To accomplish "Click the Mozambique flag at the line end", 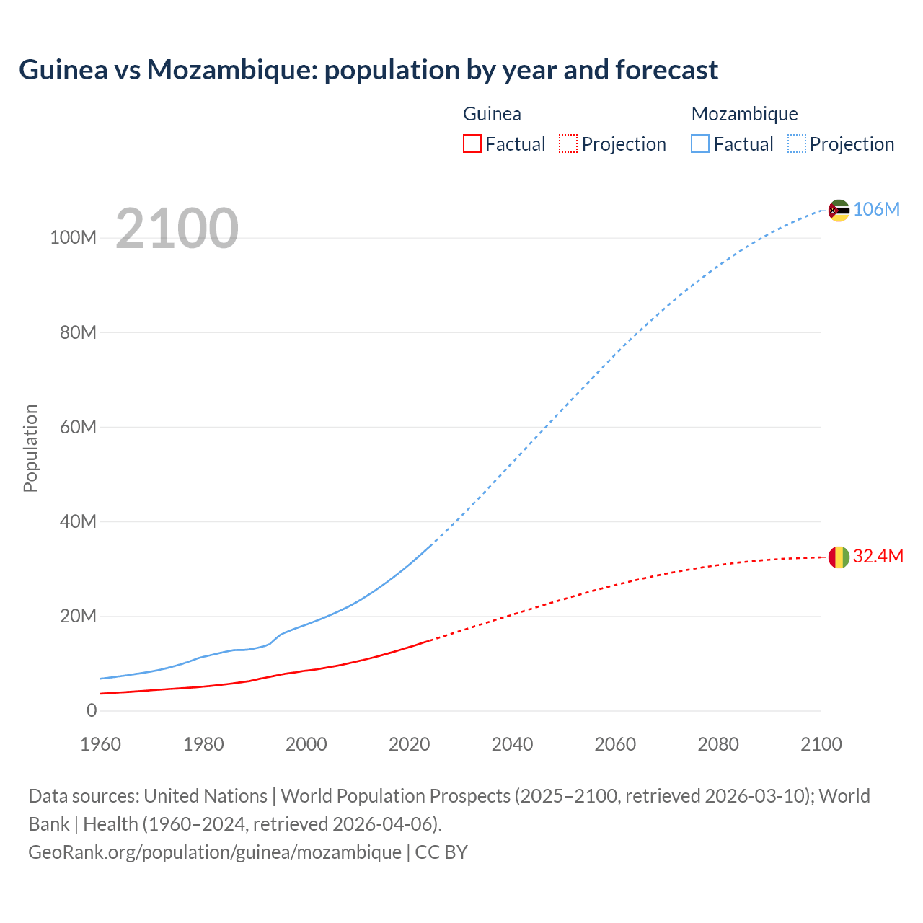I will (839, 211).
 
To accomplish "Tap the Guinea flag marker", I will (839, 557).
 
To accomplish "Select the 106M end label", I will (876, 209).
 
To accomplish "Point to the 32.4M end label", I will (878, 556).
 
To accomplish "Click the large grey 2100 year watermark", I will (177, 228).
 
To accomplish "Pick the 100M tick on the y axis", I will (73, 238).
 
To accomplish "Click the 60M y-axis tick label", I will (78, 427).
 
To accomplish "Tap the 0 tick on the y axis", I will (92, 710).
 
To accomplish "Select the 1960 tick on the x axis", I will (100, 744).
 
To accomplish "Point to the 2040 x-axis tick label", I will (512, 744).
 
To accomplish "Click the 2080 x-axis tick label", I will (718, 744).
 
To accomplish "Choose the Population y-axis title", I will (30, 448).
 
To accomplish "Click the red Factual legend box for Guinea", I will (472, 143).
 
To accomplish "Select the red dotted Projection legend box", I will (568, 143).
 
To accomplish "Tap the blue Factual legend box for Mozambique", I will (700, 143).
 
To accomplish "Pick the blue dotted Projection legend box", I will (796, 143).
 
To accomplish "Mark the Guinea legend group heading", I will (492, 114).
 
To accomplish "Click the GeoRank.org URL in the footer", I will (215, 852).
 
